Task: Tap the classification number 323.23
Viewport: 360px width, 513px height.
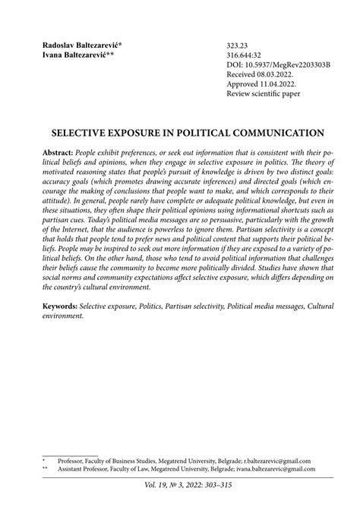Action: coord(238,46)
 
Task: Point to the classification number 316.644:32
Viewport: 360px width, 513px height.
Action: coord(245,55)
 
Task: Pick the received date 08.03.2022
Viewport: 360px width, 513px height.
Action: coord(281,76)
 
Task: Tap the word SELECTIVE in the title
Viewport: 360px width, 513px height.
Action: coord(87,131)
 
